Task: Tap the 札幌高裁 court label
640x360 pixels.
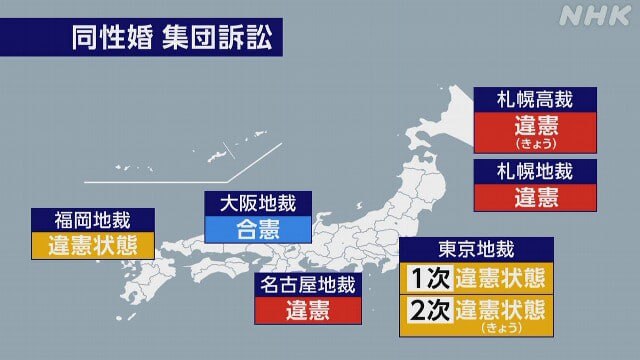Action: tap(535, 99)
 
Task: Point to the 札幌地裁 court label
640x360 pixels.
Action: tap(535, 171)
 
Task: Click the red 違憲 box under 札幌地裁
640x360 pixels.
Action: tap(535, 198)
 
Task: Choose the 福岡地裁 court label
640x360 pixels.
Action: tap(93, 219)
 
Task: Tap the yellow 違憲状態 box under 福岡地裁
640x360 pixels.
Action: tap(93, 245)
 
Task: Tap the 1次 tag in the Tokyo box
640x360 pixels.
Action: tap(426, 277)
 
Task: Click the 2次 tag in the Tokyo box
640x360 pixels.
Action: tap(426, 312)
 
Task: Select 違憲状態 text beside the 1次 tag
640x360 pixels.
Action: tap(501, 277)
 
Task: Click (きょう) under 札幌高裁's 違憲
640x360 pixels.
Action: tap(535, 144)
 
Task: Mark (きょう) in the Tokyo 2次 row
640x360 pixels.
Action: tap(501, 327)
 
